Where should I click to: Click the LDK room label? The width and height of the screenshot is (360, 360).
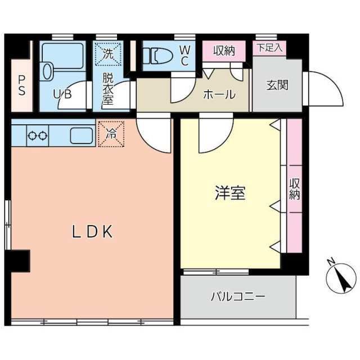coord(93,231)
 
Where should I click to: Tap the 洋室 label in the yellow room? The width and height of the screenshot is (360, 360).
coord(229,193)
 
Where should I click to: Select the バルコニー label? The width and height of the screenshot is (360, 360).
coord(238,296)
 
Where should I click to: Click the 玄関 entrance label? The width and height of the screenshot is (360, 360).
coord(277,85)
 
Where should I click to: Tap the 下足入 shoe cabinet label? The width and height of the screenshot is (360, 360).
coord(270,48)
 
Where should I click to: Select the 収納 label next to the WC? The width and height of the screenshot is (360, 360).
coord(224,51)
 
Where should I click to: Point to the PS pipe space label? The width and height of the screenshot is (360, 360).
coord(21,85)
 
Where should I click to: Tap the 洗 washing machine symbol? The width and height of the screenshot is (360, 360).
coord(107,54)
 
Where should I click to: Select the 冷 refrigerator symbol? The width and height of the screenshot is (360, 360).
coord(111,134)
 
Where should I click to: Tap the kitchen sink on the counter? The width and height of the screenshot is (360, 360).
coord(81,136)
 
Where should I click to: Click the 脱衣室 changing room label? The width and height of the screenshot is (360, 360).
coord(107,89)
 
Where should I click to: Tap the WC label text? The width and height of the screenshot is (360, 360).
coord(184,55)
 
